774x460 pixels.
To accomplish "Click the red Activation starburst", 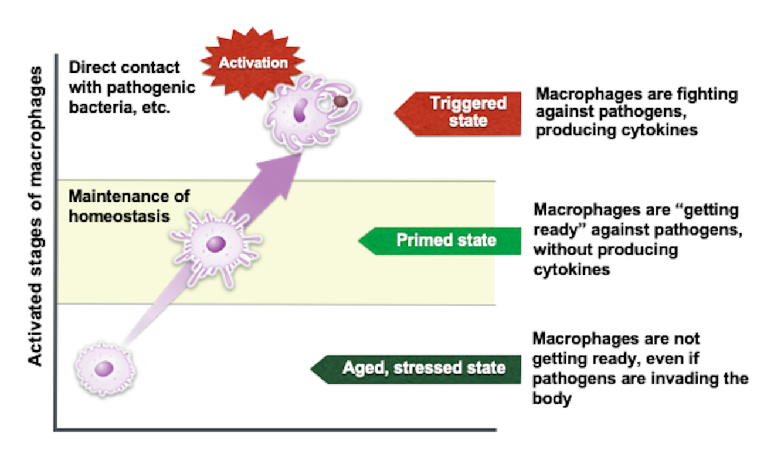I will click(x=253, y=63).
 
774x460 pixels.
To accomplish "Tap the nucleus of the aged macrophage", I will click(x=104, y=369).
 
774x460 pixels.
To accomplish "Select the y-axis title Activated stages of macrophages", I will click(x=36, y=217).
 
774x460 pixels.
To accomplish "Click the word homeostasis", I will click(x=119, y=216).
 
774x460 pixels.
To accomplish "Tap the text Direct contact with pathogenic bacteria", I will click(x=131, y=87).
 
